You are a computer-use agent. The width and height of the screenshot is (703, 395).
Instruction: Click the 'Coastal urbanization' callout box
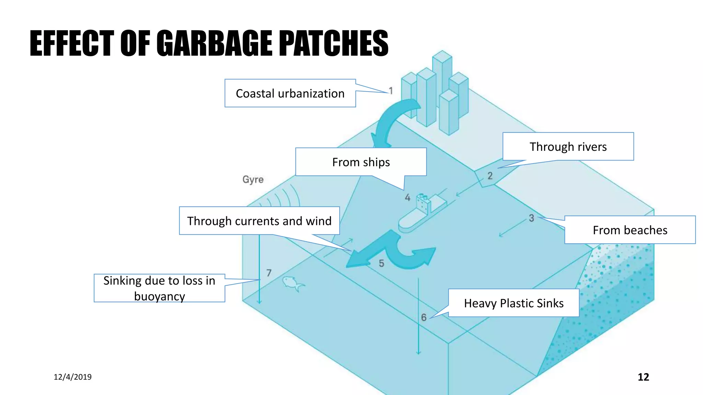[290, 93]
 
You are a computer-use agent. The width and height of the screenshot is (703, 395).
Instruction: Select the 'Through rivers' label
[568, 146]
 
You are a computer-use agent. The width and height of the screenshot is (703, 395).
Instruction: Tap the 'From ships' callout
[361, 162]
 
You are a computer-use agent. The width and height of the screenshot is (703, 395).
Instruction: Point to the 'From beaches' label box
[630, 230]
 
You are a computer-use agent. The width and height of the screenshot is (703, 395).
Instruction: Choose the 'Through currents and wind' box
[259, 221]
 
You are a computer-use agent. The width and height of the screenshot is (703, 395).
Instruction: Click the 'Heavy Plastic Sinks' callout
[514, 303]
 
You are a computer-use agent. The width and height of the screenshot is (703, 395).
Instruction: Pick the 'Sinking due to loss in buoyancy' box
[159, 288]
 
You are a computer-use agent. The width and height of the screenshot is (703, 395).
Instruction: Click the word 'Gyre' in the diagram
[253, 179]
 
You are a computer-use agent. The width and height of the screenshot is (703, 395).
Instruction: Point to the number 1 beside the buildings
[391, 91]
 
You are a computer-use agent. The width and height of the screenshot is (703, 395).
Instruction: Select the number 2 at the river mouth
[490, 176]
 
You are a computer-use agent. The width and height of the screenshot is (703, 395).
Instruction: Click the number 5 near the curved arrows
[381, 263]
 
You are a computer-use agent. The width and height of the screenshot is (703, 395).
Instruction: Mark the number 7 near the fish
[269, 273]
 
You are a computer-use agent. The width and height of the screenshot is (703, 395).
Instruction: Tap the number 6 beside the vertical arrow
[424, 318]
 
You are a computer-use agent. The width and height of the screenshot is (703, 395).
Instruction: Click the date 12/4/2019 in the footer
[72, 377]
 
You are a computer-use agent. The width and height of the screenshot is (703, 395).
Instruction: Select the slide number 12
[643, 377]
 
